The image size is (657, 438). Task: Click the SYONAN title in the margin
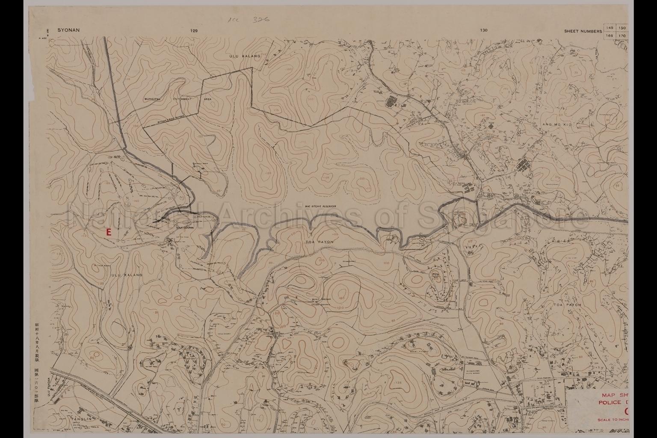[69, 30]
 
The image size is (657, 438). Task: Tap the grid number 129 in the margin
[195, 31]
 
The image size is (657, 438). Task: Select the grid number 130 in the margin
[484, 30]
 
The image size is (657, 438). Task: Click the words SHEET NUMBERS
[583, 31]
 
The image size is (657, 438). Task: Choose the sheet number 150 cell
[622, 28]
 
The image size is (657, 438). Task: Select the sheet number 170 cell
[622, 36]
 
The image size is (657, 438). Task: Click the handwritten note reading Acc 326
[252, 19]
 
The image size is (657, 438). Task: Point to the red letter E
[108, 232]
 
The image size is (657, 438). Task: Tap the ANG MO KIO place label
[557, 124]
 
